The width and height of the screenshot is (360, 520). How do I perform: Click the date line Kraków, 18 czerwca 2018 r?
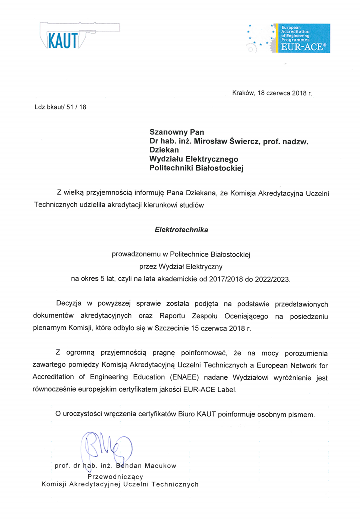click(x=272, y=93)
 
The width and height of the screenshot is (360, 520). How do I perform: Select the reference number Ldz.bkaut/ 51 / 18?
click(x=60, y=107)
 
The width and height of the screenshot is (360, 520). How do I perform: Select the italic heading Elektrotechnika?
click(x=181, y=230)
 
